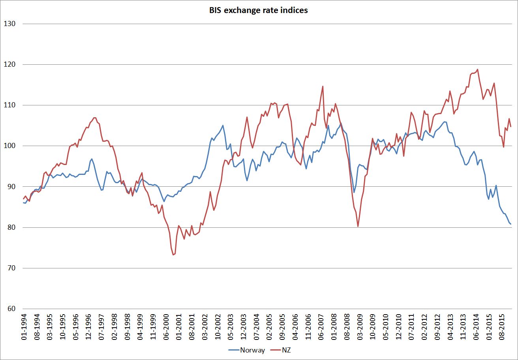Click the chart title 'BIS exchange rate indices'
click(259, 11)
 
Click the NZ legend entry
click(287, 350)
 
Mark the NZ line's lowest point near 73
click(173, 255)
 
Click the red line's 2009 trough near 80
click(358, 226)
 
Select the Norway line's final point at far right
click(511, 224)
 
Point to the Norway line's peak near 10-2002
click(223, 126)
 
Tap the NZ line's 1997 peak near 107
click(94, 118)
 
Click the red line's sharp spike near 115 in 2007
click(323, 86)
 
